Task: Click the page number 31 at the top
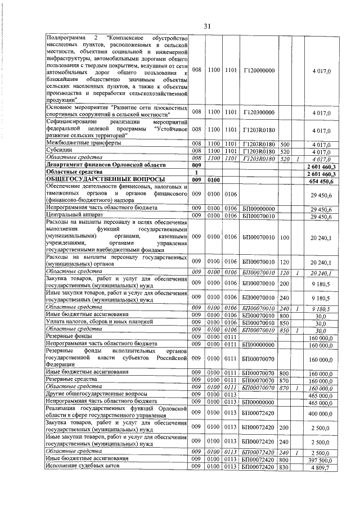coord(206,26)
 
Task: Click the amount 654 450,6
coord(323,181)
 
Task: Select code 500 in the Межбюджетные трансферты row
coord(285,145)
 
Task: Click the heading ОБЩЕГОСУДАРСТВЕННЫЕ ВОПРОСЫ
coord(102,180)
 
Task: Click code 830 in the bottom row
coord(285,467)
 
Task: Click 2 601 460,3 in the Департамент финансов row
coord(321,166)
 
